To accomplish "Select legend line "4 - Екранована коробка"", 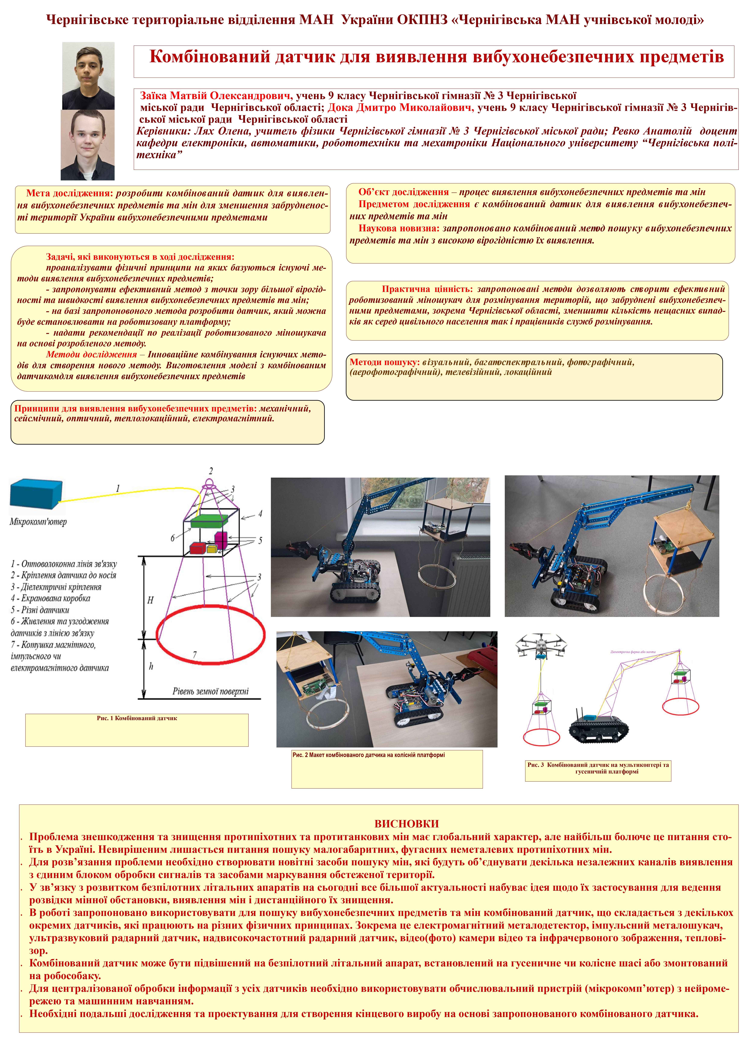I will (x=51, y=598).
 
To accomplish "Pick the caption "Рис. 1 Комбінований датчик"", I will (x=137, y=718).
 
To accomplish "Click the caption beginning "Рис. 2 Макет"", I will (x=369, y=755).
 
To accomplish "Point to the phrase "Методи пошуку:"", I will (x=384, y=362).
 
